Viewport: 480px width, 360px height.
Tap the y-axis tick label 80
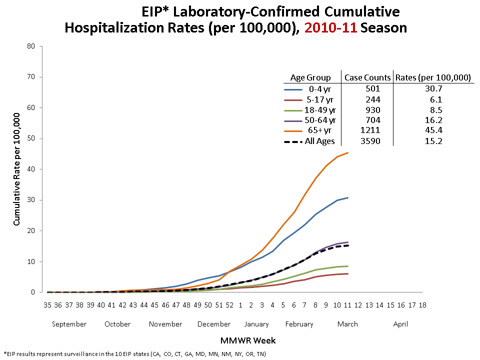point(31,46)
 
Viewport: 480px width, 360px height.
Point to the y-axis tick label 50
point(31,138)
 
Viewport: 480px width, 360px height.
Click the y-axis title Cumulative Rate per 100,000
point(16,169)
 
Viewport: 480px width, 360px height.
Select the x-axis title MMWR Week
point(247,340)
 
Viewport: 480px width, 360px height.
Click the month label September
point(69,324)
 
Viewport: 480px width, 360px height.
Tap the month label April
point(400,324)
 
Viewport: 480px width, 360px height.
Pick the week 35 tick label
point(48,304)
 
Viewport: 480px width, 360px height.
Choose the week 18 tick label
point(422,304)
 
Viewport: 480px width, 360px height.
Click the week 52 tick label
point(229,304)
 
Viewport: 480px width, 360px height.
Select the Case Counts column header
point(367,77)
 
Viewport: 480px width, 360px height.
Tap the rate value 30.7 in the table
point(433,88)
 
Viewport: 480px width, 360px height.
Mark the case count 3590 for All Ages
point(367,141)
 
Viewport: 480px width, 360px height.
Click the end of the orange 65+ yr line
point(348,153)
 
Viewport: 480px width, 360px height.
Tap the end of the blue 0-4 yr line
point(348,198)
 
